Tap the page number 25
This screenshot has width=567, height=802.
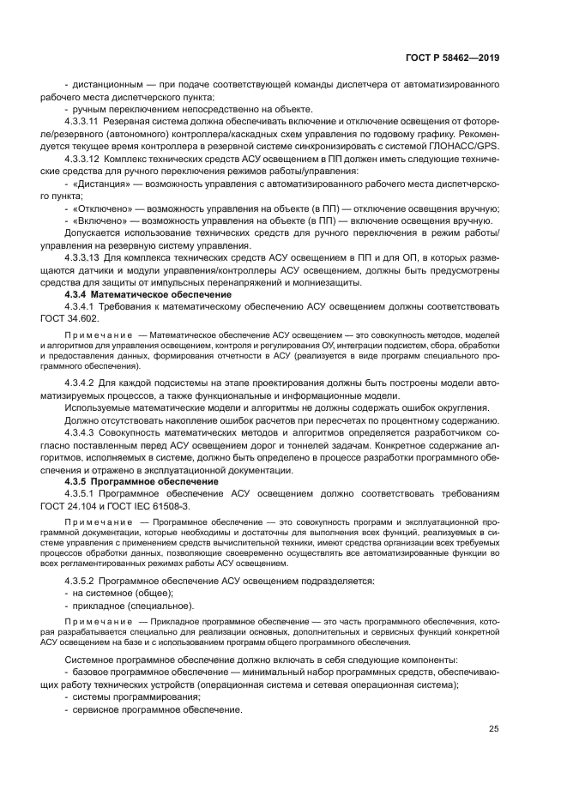tap(495, 729)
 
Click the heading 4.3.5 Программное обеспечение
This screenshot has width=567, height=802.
tap(136, 482)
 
